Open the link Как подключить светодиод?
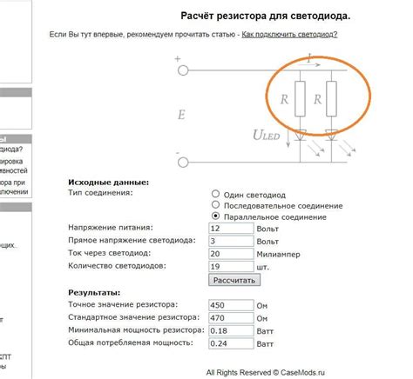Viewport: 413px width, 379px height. (289, 34)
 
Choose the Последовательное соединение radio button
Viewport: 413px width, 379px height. (215, 204)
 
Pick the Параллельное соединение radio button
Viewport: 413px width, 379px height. (215, 216)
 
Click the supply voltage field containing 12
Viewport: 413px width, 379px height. (231, 228)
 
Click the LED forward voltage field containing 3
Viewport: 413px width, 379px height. (231, 240)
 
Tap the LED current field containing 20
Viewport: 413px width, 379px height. (231, 253)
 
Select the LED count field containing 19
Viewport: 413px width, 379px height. (231, 266)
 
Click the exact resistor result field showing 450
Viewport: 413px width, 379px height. (231, 305)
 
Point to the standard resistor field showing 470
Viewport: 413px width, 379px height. (231, 318)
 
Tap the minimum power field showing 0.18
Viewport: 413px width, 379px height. (231, 331)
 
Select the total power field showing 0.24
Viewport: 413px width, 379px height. (231, 344)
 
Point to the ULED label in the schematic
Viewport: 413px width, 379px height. (266, 136)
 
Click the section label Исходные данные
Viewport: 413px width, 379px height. (108, 182)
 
